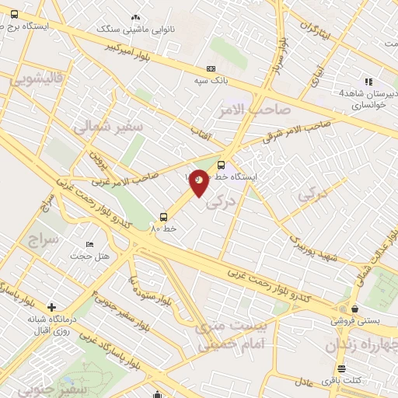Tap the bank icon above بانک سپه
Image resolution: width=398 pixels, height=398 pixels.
[x=211, y=68]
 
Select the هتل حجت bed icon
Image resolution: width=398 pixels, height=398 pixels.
[x=89, y=245]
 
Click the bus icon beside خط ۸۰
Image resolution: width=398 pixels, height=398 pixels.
[x=163, y=217]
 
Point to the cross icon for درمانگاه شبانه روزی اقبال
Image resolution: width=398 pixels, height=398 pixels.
[x=51, y=307]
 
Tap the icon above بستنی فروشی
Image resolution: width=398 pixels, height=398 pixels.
[x=354, y=308]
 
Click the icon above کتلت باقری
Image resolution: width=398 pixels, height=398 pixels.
[x=340, y=368]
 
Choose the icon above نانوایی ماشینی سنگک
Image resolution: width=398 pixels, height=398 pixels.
[x=136, y=17]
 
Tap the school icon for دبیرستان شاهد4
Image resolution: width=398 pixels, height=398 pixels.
[x=368, y=81]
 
